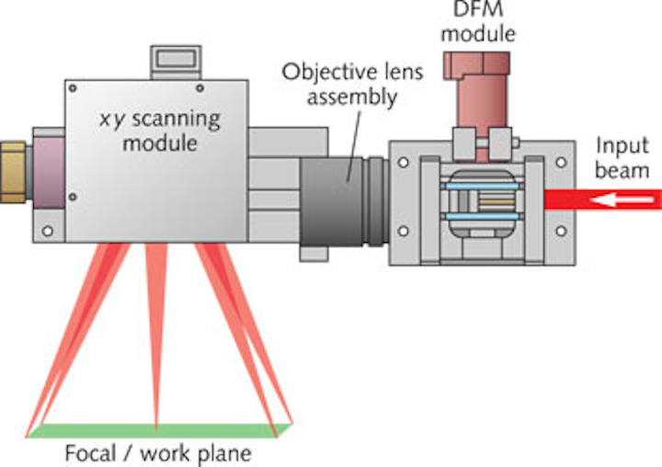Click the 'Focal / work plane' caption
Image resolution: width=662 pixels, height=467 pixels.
coord(157,453)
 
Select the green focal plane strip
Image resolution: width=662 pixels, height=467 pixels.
coord(158,430)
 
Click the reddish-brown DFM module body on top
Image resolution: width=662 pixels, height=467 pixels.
coord(480,92)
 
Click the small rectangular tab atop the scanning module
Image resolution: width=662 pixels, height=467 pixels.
coord(174,62)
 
